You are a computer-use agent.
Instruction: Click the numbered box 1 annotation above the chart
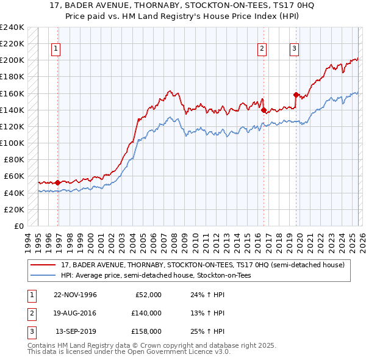(x=56, y=49)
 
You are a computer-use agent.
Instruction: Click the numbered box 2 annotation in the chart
(x=262, y=49)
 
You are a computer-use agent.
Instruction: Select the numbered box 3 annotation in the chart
(x=294, y=49)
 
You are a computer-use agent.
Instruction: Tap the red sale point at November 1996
(x=58, y=182)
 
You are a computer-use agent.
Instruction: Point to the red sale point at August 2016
(x=264, y=110)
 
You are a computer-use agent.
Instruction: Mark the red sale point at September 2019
(x=296, y=95)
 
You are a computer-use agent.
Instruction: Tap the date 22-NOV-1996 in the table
(x=75, y=295)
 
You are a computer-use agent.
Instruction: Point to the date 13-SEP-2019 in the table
(x=76, y=331)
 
